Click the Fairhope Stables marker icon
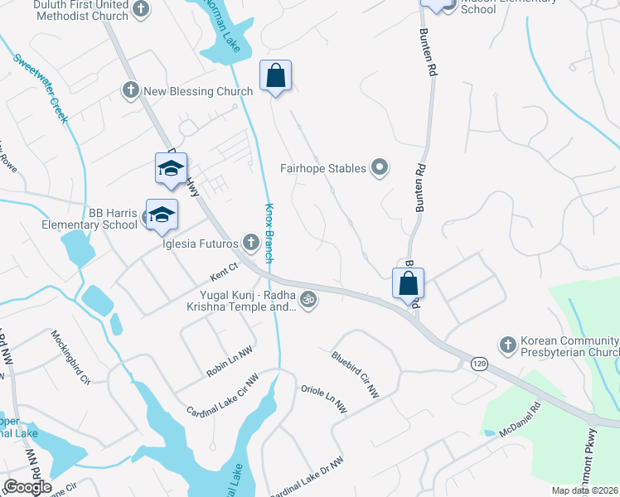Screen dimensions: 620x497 click(380, 169)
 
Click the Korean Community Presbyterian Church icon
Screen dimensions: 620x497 click(507, 343)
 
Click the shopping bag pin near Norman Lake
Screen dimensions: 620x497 click(276, 77)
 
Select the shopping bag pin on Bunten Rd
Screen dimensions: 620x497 click(409, 283)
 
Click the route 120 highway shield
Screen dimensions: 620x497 click(478, 363)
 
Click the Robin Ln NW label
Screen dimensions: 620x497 click(229, 363)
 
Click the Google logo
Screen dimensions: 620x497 click(27, 487)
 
